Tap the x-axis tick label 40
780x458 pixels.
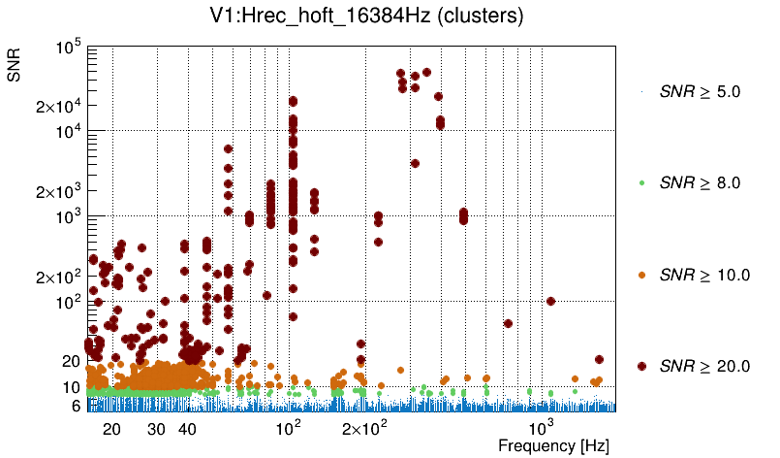click(188, 429)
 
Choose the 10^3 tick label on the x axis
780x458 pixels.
click(542, 428)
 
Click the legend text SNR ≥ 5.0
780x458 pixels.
click(699, 92)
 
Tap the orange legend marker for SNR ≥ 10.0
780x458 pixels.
click(642, 275)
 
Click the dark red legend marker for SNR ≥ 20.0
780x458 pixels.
click(642, 366)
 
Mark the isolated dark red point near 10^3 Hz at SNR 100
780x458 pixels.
click(550, 301)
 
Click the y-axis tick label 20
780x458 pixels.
click(71, 361)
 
